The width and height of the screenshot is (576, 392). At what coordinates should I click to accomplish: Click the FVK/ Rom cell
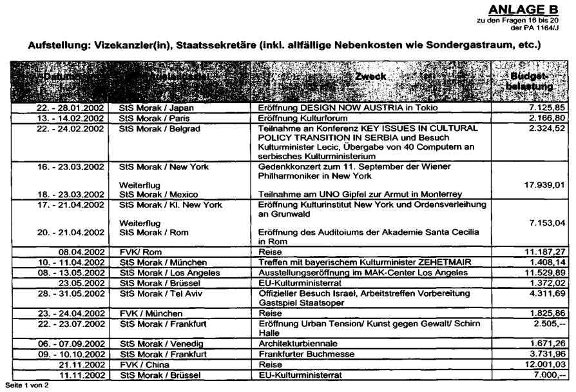pos(139,253)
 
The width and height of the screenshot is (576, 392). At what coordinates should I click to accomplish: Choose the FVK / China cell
pos(143,365)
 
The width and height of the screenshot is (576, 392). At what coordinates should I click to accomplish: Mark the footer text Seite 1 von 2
pos(26,386)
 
